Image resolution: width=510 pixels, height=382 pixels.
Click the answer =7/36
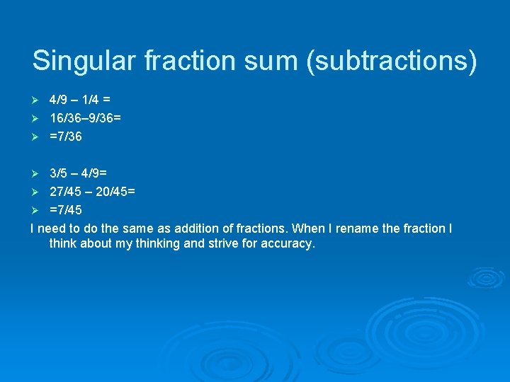point(66,137)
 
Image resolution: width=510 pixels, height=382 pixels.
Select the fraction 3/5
point(59,173)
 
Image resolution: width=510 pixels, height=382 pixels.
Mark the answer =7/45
point(66,210)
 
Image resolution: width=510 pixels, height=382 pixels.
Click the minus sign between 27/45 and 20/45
point(91,192)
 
